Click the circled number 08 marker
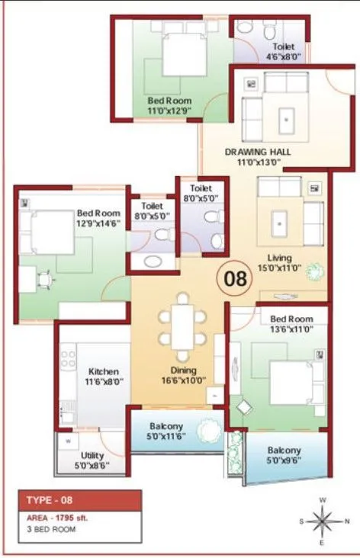tap(235, 278)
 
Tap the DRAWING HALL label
tap(257, 156)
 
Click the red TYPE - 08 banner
tap(80, 500)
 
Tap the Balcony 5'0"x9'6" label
tap(283, 455)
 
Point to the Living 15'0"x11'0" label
tap(279, 262)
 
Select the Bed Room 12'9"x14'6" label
tap(98, 217)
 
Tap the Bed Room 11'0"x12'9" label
tap(169, 105)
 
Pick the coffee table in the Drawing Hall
tap(286, 118)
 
